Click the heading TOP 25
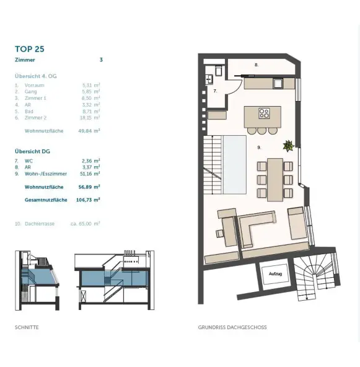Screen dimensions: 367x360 [29, 49]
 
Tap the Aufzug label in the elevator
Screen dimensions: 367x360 [275, 273]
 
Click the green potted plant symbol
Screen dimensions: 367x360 [288, 146]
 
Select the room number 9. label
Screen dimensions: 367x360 [260, 148]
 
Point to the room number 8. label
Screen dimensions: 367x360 [256, 64]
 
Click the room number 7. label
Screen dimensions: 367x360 [215, 91]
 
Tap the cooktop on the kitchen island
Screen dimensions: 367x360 [264, 113]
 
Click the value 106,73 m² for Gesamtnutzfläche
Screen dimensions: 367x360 [90, 200]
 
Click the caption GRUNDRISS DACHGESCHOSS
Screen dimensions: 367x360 [232, 327]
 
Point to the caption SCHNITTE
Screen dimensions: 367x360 [27, 327]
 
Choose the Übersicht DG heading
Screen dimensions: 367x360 [32, 151]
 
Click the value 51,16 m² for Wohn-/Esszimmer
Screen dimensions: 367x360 [90, 174]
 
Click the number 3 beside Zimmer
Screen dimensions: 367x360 [101, 60]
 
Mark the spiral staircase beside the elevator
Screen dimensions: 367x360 [315, 278]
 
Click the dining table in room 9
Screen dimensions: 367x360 [274, 179]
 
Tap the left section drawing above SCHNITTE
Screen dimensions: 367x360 [38, 280]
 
